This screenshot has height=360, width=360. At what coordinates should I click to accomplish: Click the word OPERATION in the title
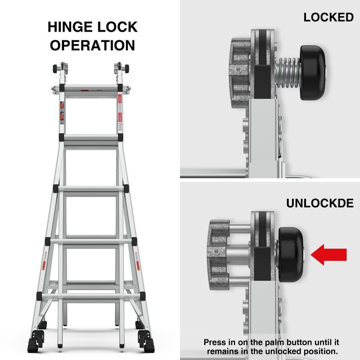point(93,45)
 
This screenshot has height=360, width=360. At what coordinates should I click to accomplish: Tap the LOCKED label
point(328,17)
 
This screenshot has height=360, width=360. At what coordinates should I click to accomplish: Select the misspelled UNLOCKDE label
point(320,203)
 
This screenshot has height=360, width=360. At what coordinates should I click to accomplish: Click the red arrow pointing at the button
point(329,255)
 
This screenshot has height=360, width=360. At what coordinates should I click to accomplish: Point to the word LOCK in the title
point(119,27)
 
